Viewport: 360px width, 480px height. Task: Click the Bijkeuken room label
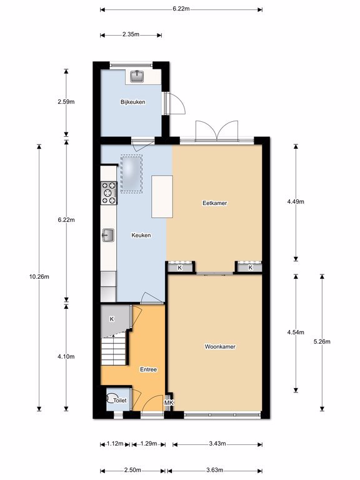tap(132, 102)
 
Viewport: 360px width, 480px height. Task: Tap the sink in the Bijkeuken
tap(137, 76)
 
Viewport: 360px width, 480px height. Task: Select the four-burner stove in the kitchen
tap(109, 193)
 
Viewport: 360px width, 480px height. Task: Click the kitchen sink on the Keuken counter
tap(108, 236)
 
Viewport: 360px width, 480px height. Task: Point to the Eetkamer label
tap(214, 203)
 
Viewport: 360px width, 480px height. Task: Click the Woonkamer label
tap(220, 346)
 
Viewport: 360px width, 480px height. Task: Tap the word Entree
tap(149, 369)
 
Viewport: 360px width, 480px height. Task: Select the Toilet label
tap(120, 400)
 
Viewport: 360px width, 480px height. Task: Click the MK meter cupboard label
tap(169, 402)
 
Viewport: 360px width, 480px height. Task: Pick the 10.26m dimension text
tap(39, 277)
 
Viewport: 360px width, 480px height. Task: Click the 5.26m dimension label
tap(322, 342)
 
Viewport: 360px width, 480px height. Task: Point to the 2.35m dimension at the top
tap(131, 34)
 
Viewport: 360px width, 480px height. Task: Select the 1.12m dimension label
tap(115, 444)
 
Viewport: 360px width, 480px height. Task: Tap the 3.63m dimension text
tap(214, 470)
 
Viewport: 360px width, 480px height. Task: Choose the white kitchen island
tap(162, 196)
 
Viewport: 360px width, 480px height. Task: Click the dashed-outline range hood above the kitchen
tap(131, 174)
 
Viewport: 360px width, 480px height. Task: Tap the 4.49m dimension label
tap(296, 202)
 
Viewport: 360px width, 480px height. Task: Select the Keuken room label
tap(141, 235)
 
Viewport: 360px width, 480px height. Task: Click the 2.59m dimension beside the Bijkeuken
tap(66, 102)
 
